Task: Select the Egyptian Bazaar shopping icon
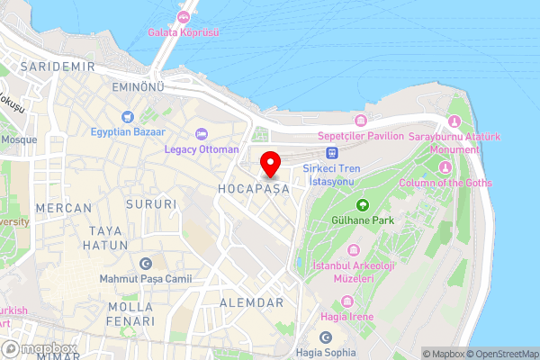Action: click(127, 116)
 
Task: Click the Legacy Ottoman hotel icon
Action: click(201, 132)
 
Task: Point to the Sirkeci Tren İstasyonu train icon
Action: click(332, 153)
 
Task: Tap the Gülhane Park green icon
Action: click(363, 204)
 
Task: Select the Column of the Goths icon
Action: click(444, 166)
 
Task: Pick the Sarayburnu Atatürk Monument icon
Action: click(454, 121)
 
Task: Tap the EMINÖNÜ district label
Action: click(137, 86)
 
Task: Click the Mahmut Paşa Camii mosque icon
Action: click(146, 264)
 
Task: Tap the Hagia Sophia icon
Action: click(326, 337)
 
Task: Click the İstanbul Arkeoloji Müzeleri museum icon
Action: click(354, 248)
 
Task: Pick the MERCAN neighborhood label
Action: click(64, 208)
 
